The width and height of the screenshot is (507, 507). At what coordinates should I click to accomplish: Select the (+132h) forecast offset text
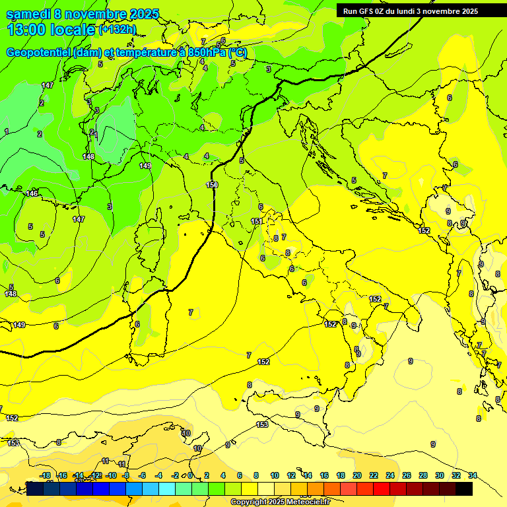pos(118,29)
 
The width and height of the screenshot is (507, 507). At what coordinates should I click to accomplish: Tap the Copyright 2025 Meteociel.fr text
pos(280,502)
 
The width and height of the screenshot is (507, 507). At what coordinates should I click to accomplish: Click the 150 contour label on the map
pos(212,185)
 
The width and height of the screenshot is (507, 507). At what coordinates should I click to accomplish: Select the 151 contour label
pos(257,221)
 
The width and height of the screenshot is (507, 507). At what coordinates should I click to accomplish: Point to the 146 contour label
pos(32,193)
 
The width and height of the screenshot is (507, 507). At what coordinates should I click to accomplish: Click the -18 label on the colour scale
pos(45,475)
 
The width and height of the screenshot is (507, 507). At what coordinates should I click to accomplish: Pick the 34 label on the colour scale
pos(473,475)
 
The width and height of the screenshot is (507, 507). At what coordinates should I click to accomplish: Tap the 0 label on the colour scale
pos(190,475)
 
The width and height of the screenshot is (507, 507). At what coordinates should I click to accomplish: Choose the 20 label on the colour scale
pos(357,475)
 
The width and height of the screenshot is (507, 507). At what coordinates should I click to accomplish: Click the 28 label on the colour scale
pos(423,475)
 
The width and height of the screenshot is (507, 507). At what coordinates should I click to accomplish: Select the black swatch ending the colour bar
pos(464,489)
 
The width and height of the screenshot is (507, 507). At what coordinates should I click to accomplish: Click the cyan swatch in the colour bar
pos(167,489)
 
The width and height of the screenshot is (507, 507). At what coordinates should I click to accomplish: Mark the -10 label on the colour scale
pos(111,475)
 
